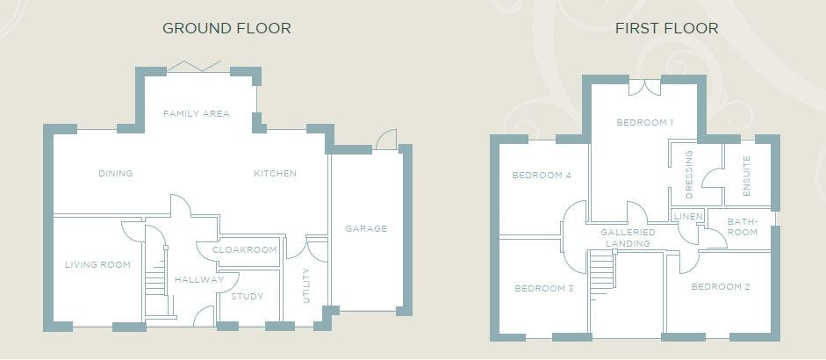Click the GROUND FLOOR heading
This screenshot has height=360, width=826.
click(226, 28)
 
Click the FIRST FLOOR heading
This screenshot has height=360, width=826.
click(666, 28)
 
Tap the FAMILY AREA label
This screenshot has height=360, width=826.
click(196, 113)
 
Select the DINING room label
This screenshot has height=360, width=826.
click(115, 173)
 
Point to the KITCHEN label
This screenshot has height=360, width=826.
click(275, 173)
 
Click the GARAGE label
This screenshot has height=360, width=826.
click(366, 229)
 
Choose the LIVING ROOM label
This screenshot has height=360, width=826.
click(97, 264)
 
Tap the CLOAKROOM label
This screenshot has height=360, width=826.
click(244, 250)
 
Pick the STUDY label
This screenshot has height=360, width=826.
click(247, 296)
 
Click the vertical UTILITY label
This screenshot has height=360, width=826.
click(306, 285)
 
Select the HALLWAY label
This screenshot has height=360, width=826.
click(199, 280)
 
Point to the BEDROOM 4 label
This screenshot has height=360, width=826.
click(542, 176)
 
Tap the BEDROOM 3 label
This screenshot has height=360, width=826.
click(544, 289)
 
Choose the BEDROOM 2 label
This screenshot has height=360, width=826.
click(721, 287)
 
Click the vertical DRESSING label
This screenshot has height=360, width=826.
click(689, 175)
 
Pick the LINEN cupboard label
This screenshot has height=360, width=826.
click(688, 217)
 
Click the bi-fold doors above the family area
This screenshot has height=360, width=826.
click(193, 66)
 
